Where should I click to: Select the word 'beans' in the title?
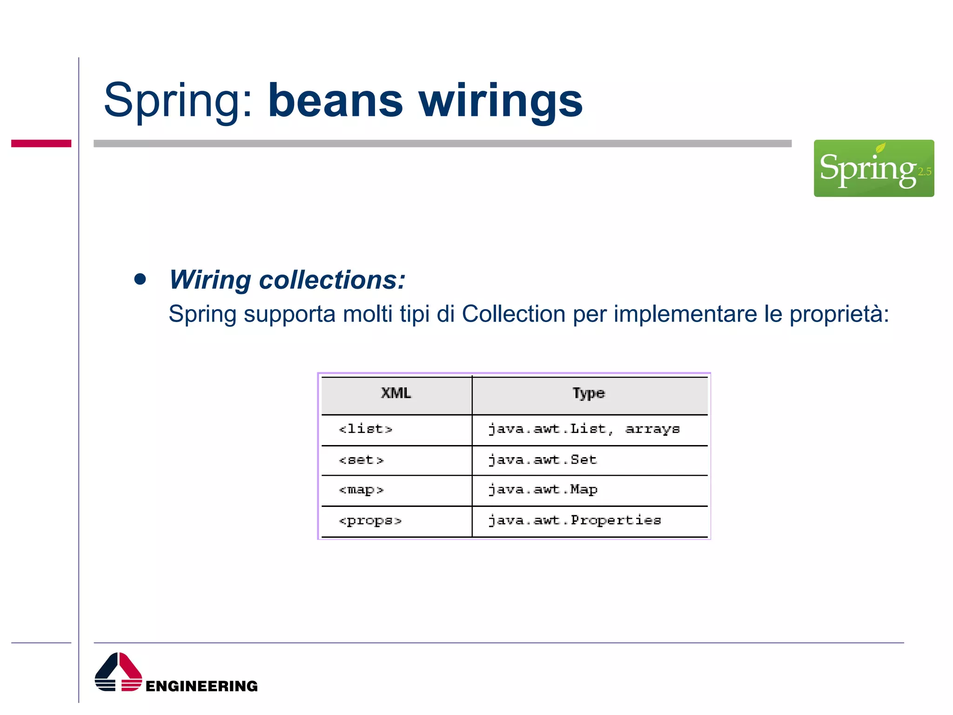[x=335, y=101]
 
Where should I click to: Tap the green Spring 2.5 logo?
[x=873, y=168]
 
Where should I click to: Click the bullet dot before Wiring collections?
[x=140, y=279]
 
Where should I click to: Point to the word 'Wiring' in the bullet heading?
[x=210, y=280]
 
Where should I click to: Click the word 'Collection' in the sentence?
[x=513, y=314]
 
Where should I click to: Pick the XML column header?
[x=396, y=393]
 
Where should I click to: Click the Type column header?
[x=588, y=393]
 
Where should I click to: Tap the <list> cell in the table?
[x=366, y=429]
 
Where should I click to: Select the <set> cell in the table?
[x=361, y=460]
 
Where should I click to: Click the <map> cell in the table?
[x=361, y=490]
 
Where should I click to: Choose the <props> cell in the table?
[x=370, y=520]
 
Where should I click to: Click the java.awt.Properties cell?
[x=574, y=520]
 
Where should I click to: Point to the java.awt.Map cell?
[x=543, y=489]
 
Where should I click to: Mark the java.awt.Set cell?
[x=542, y=460]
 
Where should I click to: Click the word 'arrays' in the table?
[x=652, y=429]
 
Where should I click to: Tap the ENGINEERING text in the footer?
[x=201, y=686]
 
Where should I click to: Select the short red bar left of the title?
[x=41, y=143]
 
